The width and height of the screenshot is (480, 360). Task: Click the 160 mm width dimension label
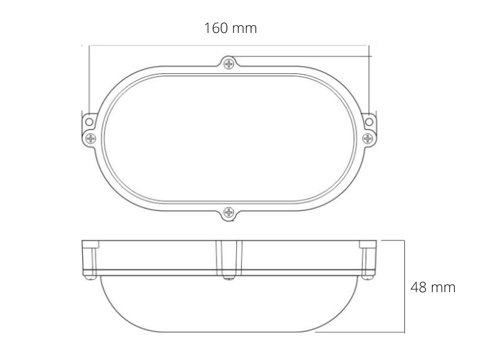[230, 28]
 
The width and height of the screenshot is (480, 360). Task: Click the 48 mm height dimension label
[433, 287]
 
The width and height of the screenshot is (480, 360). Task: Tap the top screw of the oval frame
[229, 64]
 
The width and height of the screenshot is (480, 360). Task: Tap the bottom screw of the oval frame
[229, 212]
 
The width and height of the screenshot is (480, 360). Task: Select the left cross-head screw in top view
[91, 139]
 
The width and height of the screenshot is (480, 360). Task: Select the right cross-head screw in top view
[367, 139]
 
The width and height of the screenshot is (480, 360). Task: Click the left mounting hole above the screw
[89, 122]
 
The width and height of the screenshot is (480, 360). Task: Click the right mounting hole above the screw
[369, 122]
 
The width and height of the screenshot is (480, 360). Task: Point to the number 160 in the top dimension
[216, 28]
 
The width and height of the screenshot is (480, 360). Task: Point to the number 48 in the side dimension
[418, 287]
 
